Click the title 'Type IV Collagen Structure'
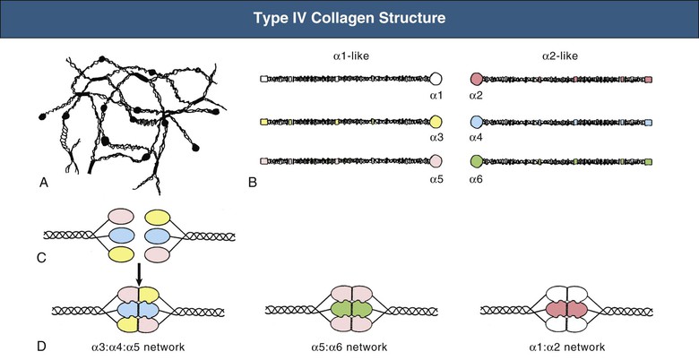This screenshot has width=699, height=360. pyautogui.click(x=349, y=19)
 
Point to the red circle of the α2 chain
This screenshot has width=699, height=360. pyautogui.click(x=477, y=79)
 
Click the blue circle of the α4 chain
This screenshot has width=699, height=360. pyautogui.click(x=477, y=121)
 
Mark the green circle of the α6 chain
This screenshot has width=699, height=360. pyautogui.click(x=477, y=161)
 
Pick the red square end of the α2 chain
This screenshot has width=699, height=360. pyautogui.click(x=648, y=80)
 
